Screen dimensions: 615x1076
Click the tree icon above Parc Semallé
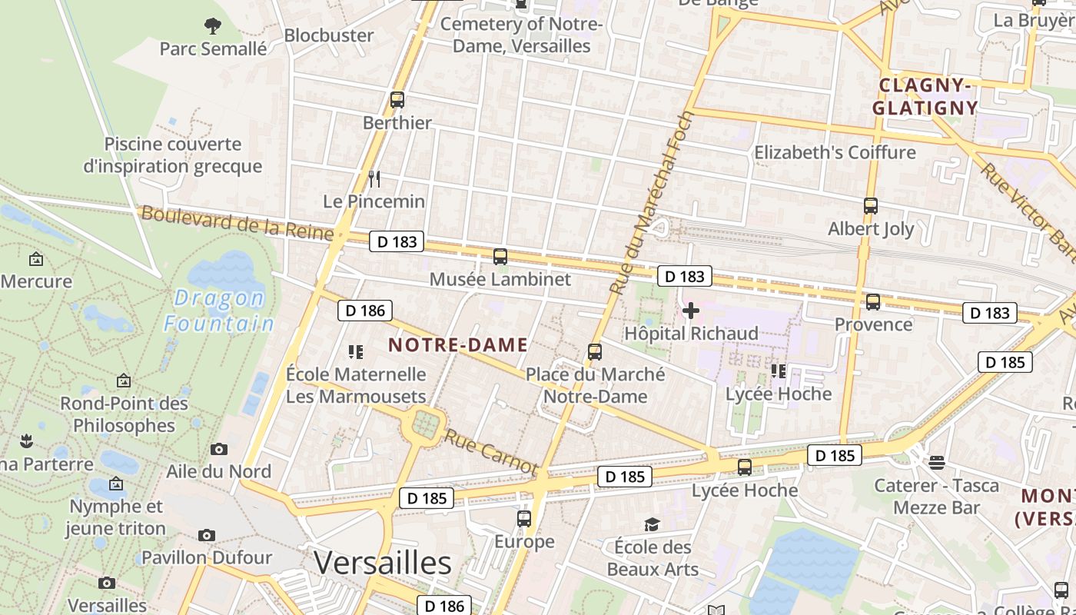point(213,26)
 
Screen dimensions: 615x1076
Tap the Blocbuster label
point(329,35)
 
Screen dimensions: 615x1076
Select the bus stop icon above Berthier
point(397,100)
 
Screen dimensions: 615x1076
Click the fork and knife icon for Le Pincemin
point(374,179)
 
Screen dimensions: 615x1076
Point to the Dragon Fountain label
point(219,311)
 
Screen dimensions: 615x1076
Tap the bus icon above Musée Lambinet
point(500,257)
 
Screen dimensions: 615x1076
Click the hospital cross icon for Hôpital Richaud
point(691,311)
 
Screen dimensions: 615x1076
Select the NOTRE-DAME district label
point(458,345)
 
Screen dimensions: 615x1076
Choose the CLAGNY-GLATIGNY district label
point(925,96)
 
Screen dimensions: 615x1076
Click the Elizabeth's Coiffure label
point(835,152)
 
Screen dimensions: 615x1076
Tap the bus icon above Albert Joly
point(871,206)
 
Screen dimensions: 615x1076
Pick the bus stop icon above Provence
point(873,302)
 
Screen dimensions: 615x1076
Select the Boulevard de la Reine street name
point(237,224)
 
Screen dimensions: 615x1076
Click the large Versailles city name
point(383,563)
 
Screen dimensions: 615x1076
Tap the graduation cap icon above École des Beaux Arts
point(652,524)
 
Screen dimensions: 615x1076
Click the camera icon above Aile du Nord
point(219,449)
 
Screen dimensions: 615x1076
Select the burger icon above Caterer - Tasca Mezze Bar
point(936,463)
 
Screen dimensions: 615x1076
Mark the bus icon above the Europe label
point(524,519)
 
